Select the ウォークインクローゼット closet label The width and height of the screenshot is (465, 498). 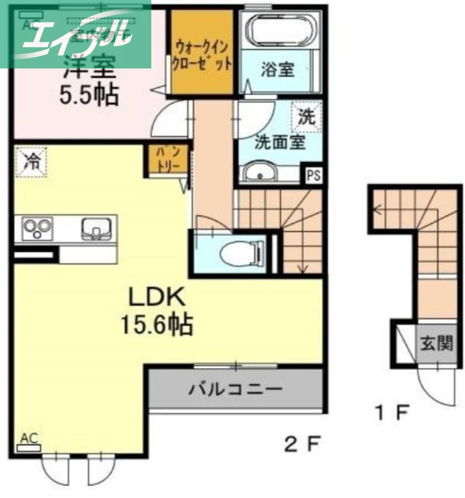[x=203, y=55]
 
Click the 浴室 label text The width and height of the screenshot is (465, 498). [x=277, y=70]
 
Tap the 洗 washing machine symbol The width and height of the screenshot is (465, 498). [x=306, y=116]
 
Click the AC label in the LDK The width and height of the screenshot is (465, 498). [x=29, y=438]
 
